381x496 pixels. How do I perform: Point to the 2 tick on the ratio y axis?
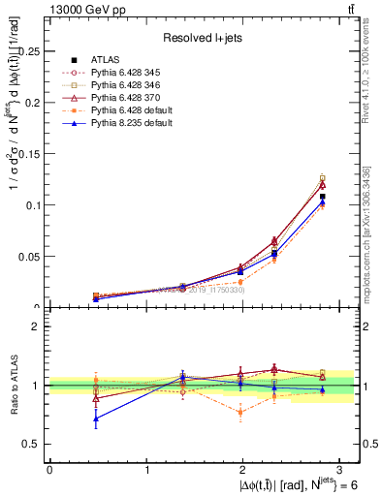(x=38, y=326)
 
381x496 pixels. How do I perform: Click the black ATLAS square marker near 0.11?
(x=322, y=197)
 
